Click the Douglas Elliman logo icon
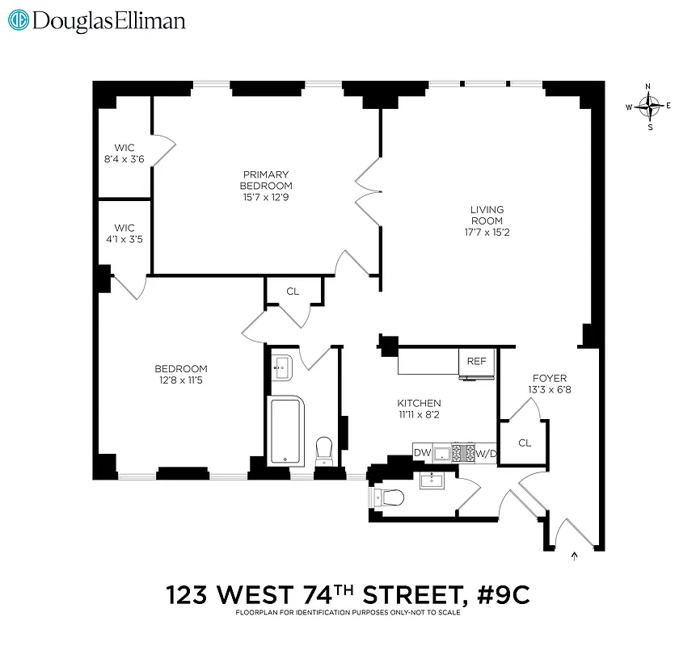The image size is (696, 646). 17,20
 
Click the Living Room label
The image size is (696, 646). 487,215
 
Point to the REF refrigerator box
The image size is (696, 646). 477,361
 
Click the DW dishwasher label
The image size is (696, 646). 422,453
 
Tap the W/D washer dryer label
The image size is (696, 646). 485,453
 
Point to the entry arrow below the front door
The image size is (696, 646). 575,555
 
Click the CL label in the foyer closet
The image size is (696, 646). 525,443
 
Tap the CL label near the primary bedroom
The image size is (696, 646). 293,291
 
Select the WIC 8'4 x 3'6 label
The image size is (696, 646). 124,153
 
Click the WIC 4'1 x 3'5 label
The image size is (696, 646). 124,234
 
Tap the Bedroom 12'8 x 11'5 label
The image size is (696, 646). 181,374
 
